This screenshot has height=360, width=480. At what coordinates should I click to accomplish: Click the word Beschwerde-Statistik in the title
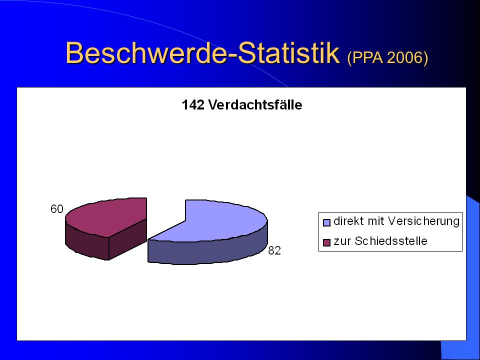(x=202, y=53)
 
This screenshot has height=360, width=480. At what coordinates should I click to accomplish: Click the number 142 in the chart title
(x=193, y=104)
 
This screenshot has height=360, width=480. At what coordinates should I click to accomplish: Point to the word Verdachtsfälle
(x=255, y=104)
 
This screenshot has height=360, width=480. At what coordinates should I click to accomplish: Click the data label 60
(x=57, y=209)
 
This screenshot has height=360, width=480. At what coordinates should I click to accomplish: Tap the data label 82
(x=274, y=250)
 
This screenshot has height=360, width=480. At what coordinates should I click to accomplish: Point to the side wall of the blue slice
(x=208, y=251)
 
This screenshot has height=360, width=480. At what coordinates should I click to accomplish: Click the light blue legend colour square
(x=327, y=222)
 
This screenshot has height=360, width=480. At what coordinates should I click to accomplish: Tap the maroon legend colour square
(x=327, y=242)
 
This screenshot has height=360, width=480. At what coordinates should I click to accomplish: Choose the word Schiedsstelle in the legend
(x=391, y=241)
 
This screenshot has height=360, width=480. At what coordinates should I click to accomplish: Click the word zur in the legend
(x=342, y=242)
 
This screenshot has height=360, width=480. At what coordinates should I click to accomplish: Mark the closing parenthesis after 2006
(x=425, y=57)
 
